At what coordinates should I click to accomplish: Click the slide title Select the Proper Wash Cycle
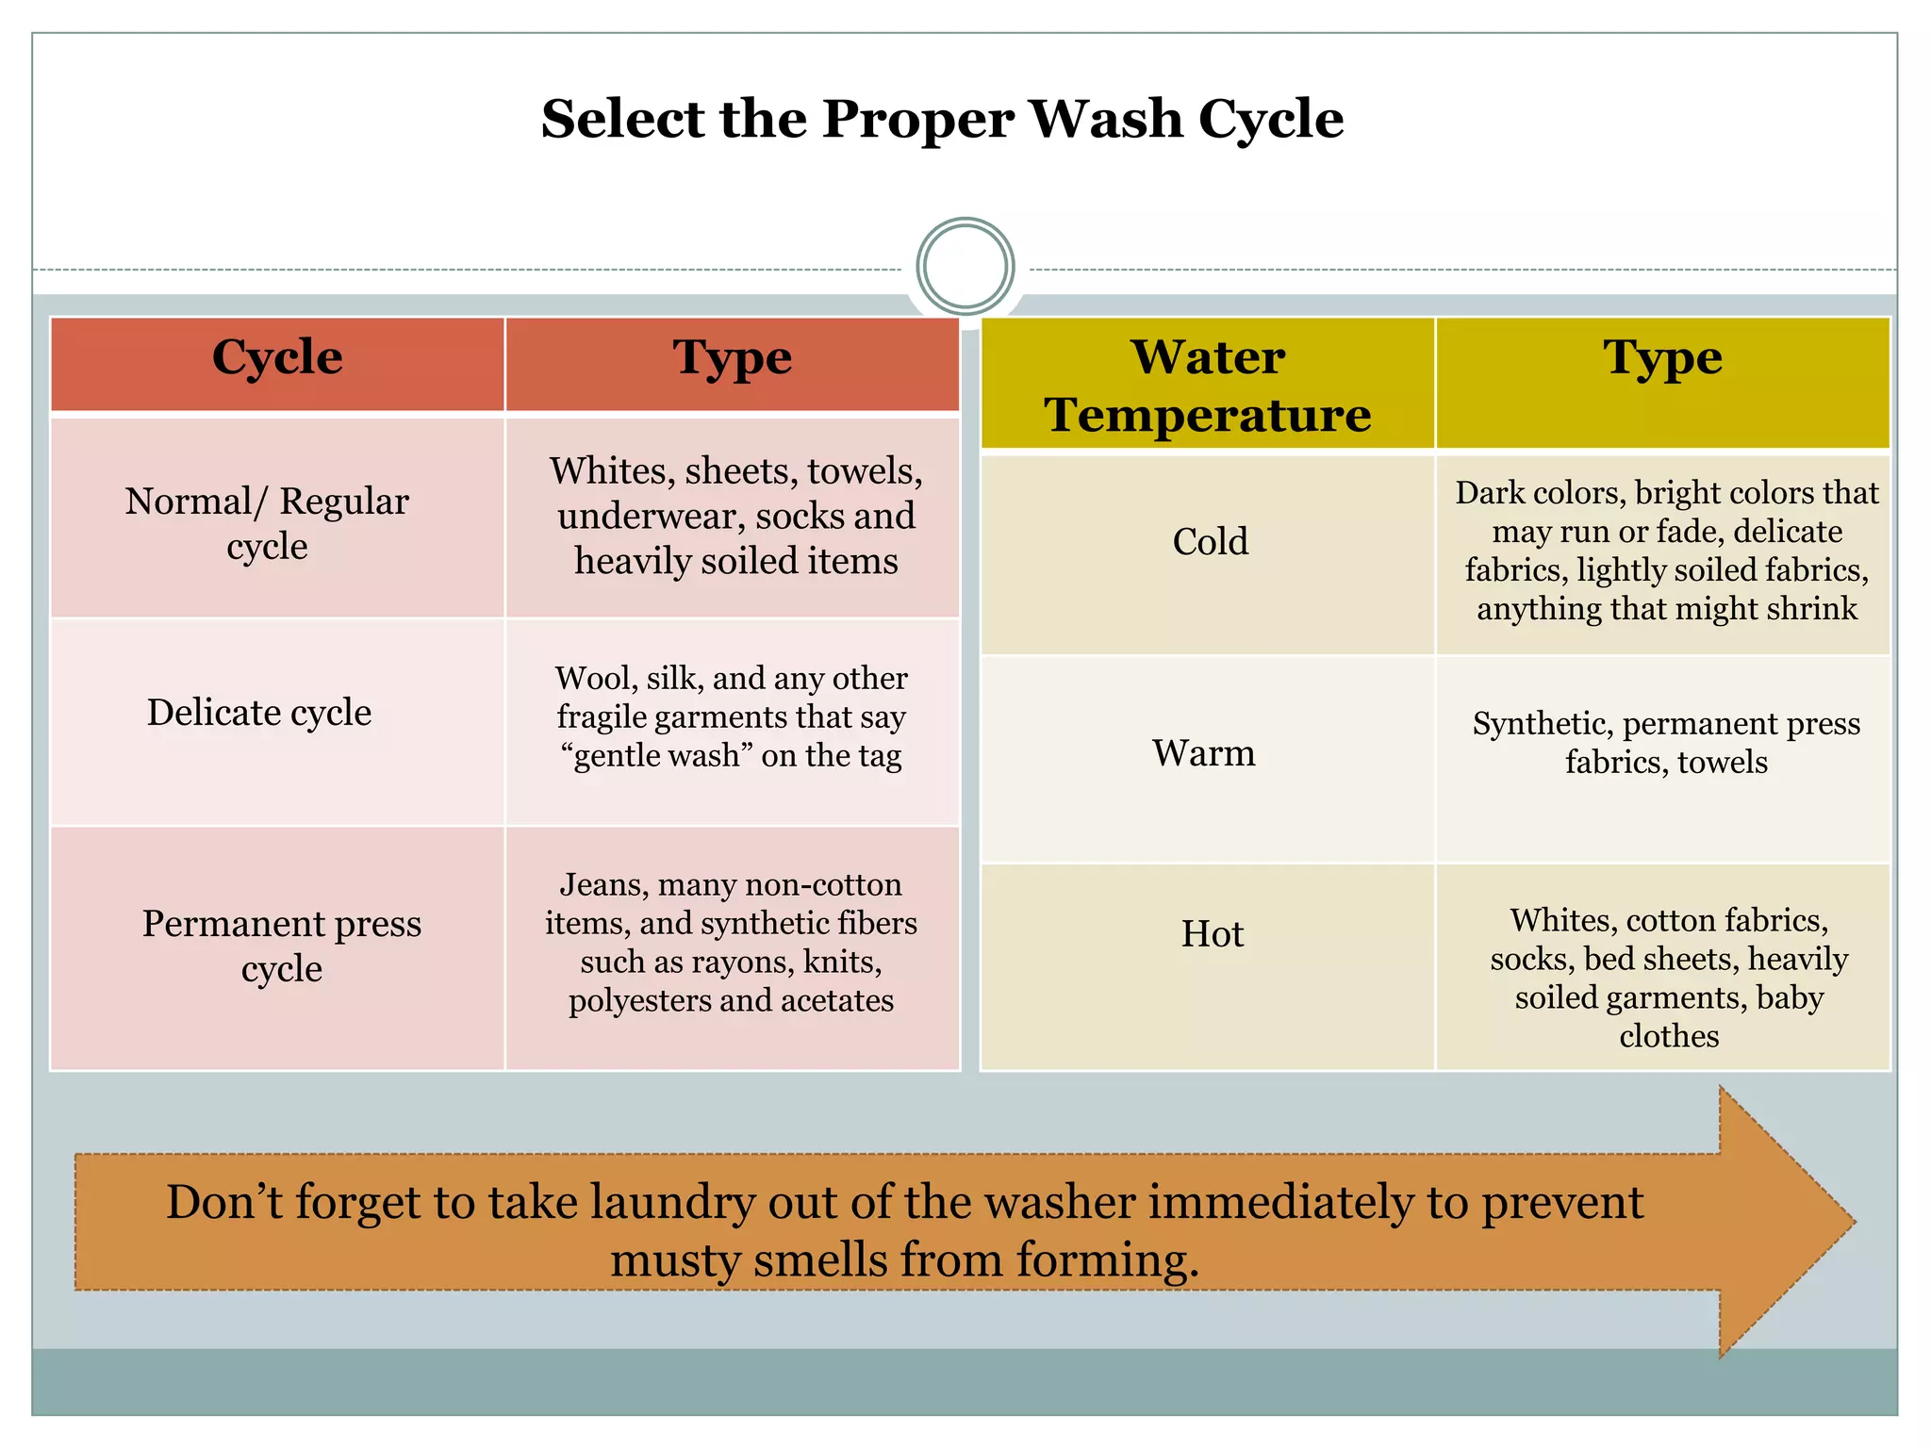tap(942, 120)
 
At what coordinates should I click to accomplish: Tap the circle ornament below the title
tap(965, 267)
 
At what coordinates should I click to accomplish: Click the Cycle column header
tap(277, 358)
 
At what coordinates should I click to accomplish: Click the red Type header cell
tap(732, 359)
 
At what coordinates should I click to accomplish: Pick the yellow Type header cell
tap(1662, 359)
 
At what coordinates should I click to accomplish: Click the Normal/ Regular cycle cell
tap(268, 523)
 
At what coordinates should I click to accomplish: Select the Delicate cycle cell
tap(259, 713)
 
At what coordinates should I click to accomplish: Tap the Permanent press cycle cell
tap(281, 946)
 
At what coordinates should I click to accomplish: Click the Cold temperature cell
tap(1210, 542)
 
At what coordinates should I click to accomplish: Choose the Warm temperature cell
tap(1204, 753)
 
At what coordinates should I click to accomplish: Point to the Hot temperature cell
tap(1213, 934)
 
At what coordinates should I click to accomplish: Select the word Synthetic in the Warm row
tap(1541, 724)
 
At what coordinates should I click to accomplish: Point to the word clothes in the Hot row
tap(1669, 1037)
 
